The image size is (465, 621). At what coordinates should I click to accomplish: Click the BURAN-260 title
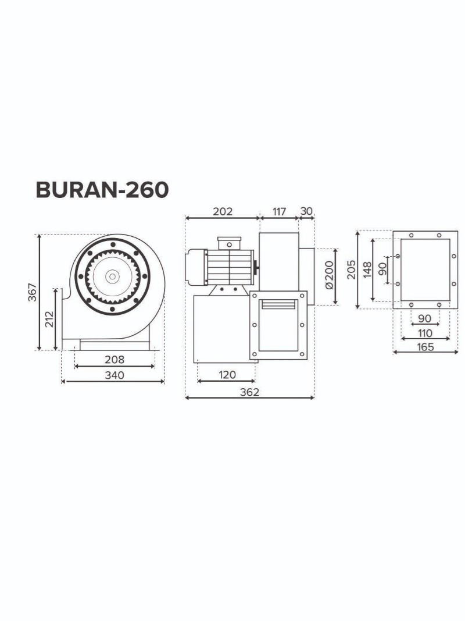coord(102,190)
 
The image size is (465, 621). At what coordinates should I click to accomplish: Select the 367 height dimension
coord(33,292)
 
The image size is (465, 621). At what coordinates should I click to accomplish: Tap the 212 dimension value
coord(49,319)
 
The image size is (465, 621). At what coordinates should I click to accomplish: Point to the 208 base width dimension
coord(115,359)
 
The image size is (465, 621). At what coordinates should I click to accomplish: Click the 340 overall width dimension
coord(115,375)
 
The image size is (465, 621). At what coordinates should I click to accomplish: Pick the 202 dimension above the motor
coord(223,211)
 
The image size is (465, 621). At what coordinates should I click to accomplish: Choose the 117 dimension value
coord(279,211)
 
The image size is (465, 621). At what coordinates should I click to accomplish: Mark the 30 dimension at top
coord(306,211)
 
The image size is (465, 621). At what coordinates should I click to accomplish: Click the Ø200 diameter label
coord(330,276)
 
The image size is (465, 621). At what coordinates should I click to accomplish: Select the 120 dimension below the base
coord(227,374)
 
